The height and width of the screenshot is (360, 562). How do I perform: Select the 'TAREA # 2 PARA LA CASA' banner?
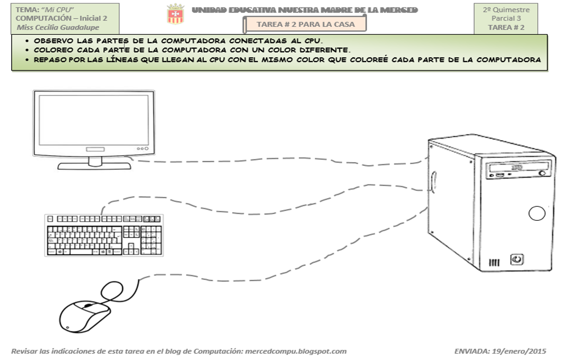[305, 24]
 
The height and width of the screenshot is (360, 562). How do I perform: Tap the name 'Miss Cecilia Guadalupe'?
[58, 28]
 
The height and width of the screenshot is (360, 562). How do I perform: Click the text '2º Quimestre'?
[506, 10]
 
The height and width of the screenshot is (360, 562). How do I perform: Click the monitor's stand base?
[94, 165]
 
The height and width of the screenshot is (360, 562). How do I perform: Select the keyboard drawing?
[104, 235]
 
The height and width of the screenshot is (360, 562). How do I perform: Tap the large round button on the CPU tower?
[537, 214]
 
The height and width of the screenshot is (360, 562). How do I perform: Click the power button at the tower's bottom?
[517, 259]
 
